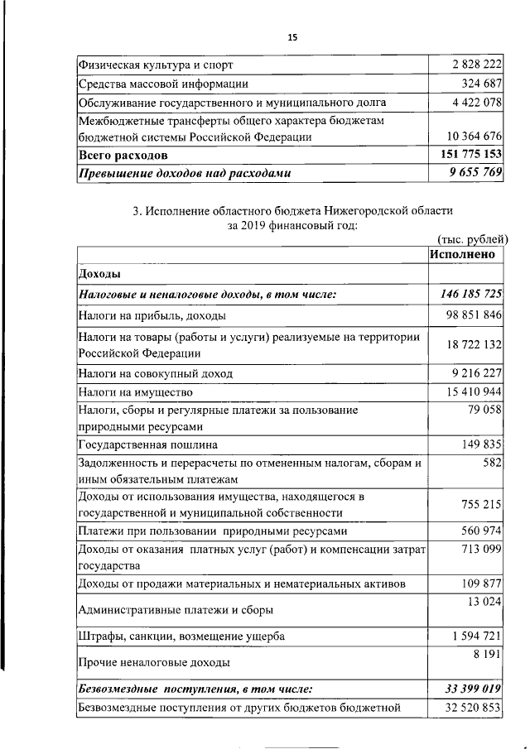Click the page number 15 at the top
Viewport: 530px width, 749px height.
point(291,37)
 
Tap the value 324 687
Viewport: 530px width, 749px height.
point(480,84)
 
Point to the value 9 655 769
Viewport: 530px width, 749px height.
point(471,174)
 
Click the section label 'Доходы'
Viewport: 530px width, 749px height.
point(99,274)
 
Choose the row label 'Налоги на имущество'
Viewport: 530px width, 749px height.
point(136,391)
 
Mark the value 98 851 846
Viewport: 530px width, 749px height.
point(468,314)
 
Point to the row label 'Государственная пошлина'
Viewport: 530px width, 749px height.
point(148,443)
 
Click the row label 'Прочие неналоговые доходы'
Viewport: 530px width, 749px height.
point(154,662)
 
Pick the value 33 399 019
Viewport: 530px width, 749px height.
point(468,688)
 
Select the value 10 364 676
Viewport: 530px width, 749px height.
point(468,137)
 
